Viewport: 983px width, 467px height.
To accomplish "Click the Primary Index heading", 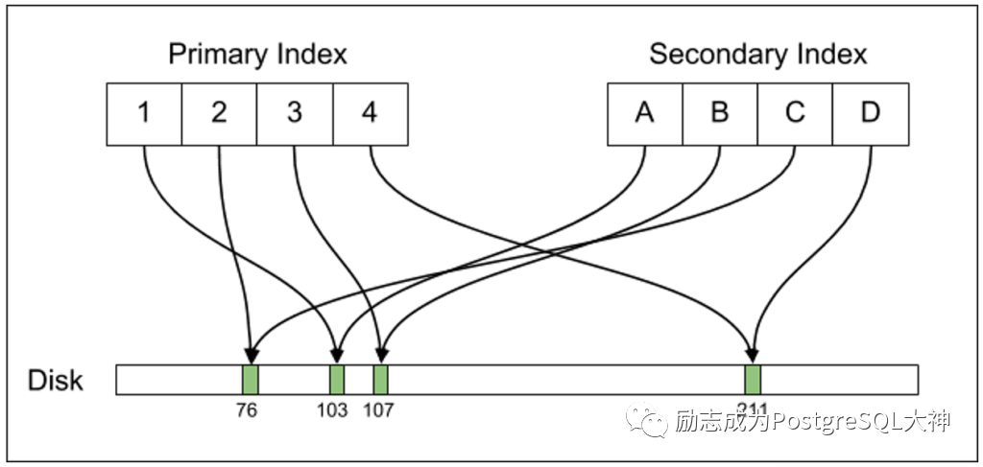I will pos(257,55).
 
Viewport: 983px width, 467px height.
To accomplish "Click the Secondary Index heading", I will pos(757,55).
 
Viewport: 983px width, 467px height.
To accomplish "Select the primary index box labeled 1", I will pos(144,113).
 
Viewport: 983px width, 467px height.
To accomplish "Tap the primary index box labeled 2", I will pos(219,113).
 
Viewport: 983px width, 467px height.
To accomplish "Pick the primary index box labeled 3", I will pos(295,113).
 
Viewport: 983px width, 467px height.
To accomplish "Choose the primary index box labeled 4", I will pos(370,113).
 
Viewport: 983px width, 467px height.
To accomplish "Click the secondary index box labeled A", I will pos(644,113).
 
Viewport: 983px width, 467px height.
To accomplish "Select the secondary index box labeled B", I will pos(720,113).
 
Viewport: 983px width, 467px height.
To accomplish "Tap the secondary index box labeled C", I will pos(795,113).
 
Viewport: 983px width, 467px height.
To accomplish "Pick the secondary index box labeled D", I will pos(870,113).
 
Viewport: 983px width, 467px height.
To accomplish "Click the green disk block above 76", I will pos(251,379).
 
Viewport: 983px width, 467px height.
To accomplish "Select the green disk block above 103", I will pos(337,379).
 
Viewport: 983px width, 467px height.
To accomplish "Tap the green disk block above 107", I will pos(380,379).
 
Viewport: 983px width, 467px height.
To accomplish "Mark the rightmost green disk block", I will pos(753,379).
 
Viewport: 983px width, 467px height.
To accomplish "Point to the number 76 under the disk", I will pos(250,410).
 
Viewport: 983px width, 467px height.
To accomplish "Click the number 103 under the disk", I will pos(333,410).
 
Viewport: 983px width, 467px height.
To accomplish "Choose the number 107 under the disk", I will pos(378,410).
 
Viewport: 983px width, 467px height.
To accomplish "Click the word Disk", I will pos(56,381).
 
